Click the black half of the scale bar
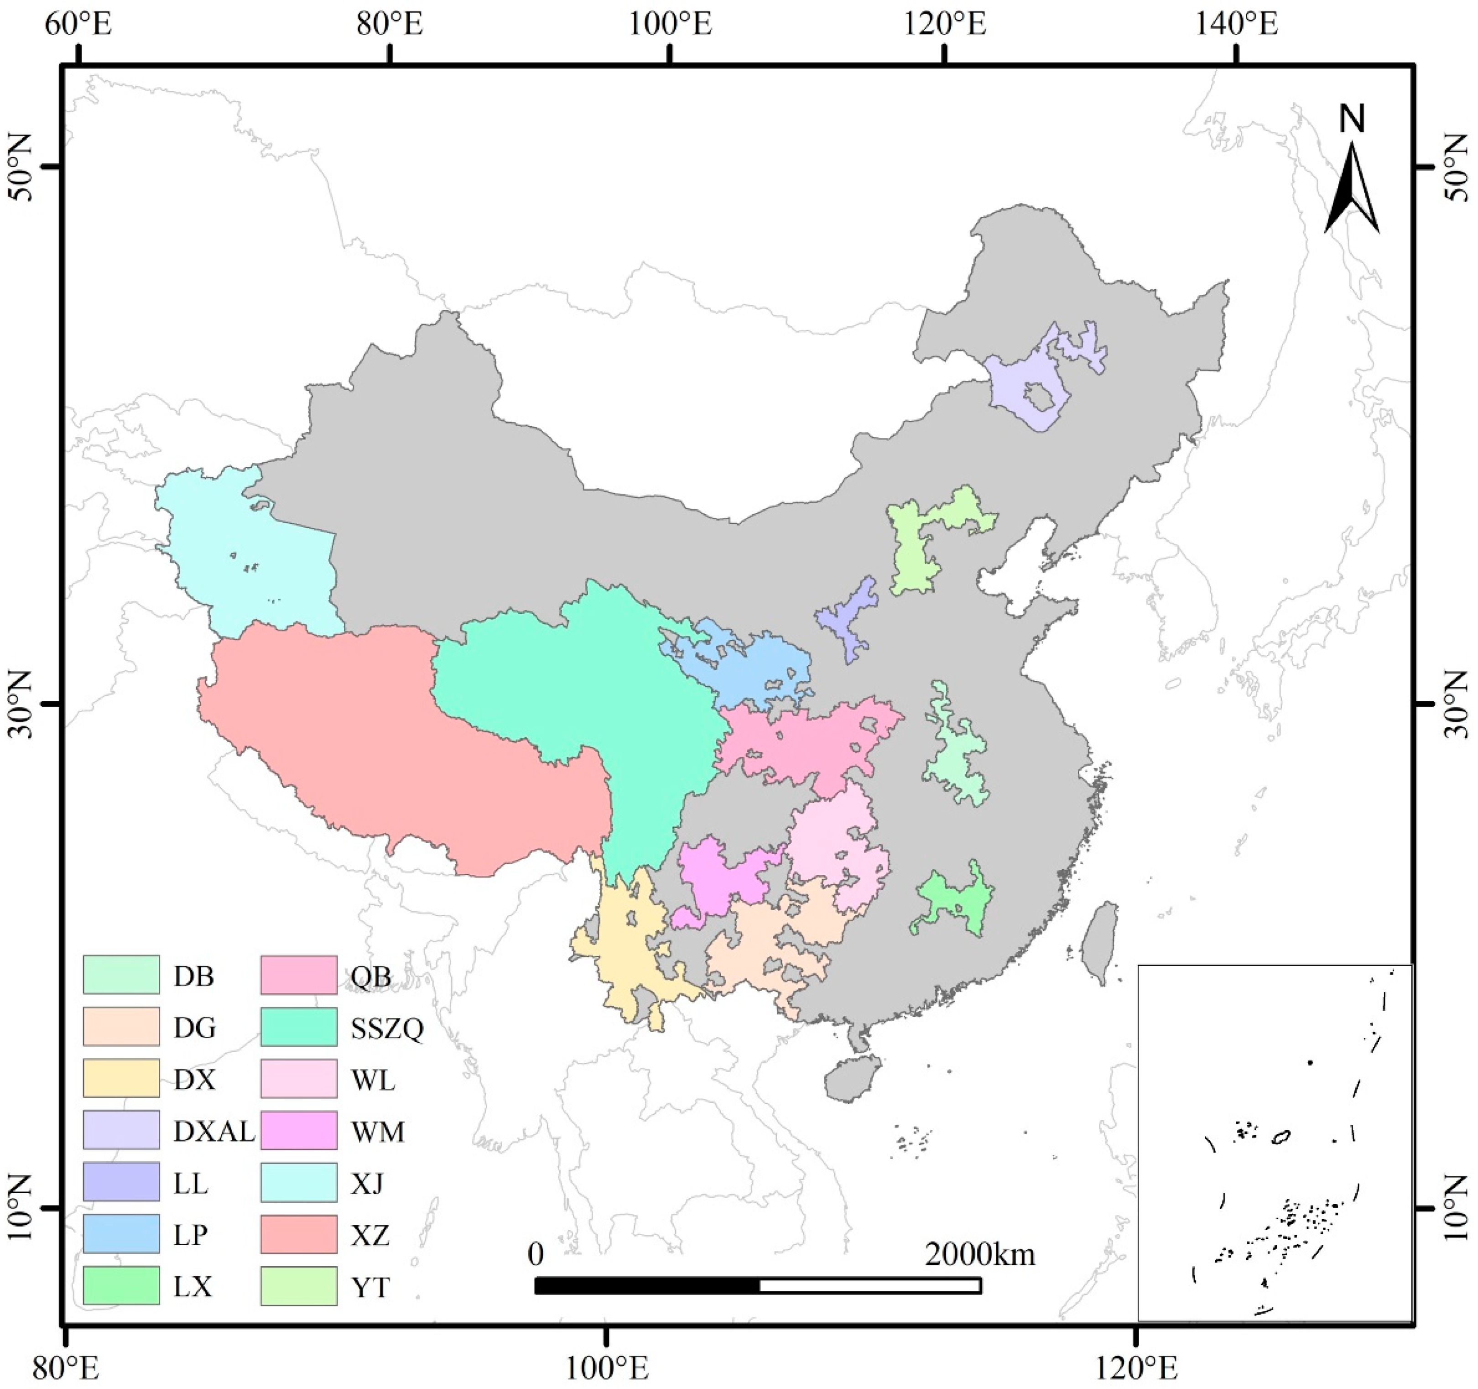click(x=647, y=1285)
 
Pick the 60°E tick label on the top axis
click(x=78, y=25)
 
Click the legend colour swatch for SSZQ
click(x=299, y=1027)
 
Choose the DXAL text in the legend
click(x=214, y=1131)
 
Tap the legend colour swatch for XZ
click(x=299, y=1234)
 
